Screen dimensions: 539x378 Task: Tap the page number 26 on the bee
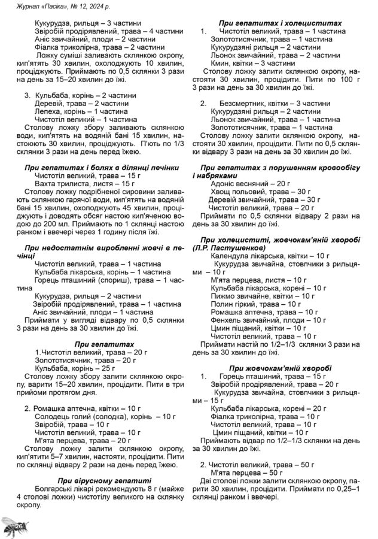19,525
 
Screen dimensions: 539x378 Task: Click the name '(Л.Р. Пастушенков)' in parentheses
231,248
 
